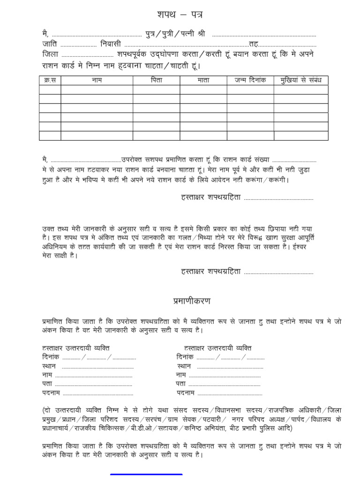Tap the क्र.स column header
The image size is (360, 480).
[x=50, y=80]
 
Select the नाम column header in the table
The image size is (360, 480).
[x=97, y=80]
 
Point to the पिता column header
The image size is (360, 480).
[x=156, y=80]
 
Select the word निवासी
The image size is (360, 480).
[x=111, y=45]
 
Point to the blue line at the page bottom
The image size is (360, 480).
[x=146, y=475]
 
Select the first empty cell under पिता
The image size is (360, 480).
[x=156, y=90]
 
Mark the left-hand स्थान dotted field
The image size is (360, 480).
[x=97, y=366]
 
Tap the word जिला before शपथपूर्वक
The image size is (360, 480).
[x=50, y=54]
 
